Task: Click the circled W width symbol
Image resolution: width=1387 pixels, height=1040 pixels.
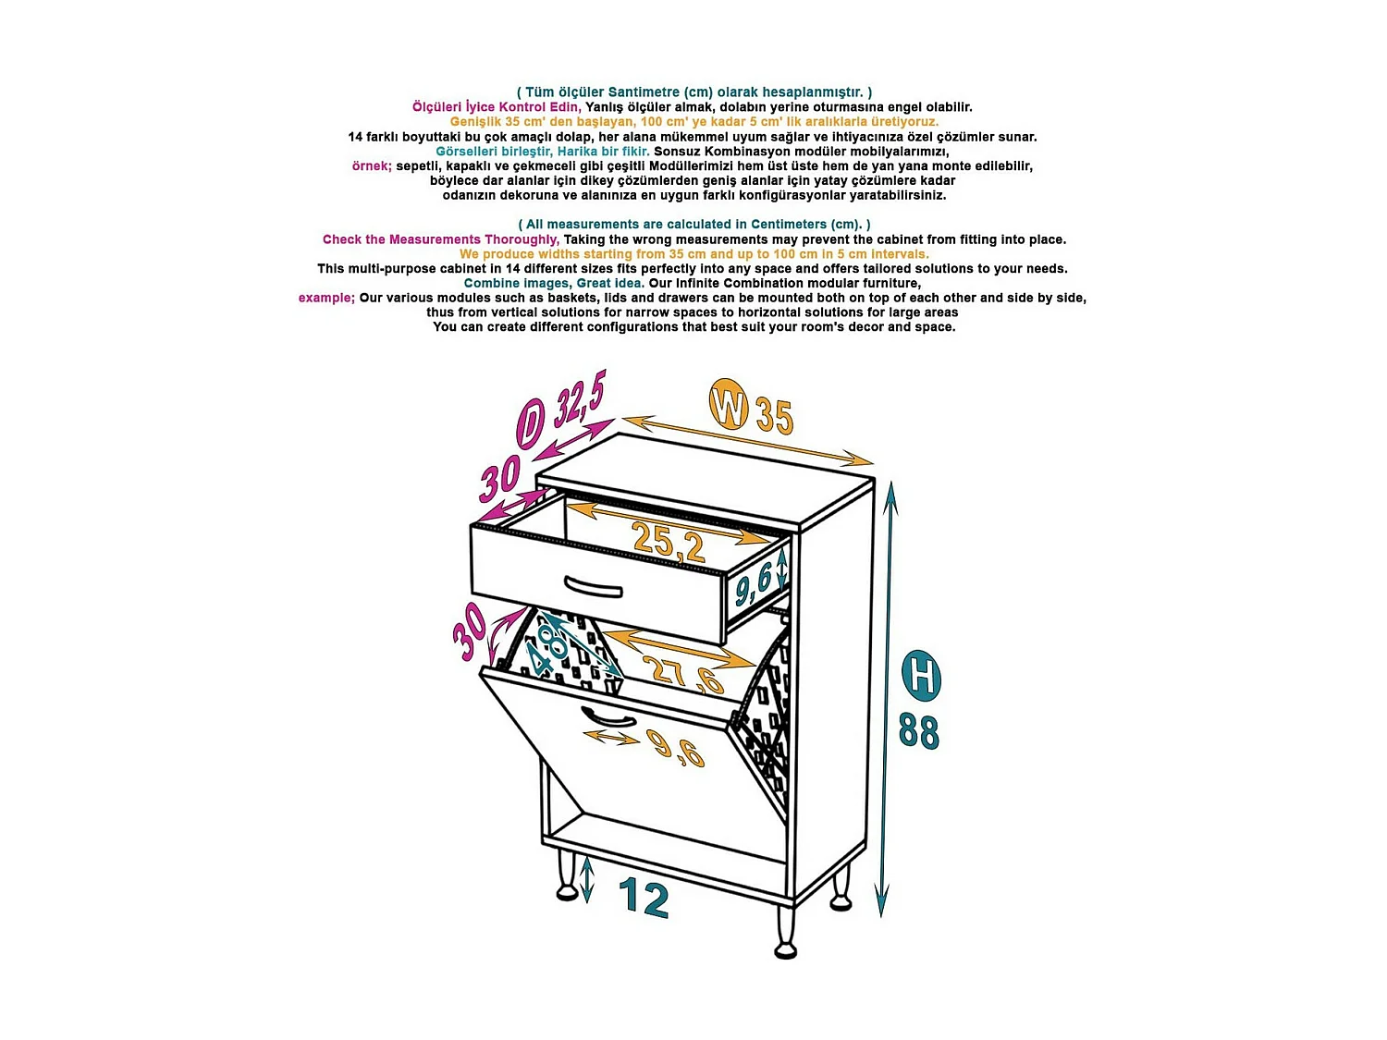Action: point(728,404)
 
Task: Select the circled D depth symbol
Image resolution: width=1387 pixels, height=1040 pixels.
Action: point(531,425)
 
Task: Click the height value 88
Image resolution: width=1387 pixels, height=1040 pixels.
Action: point(919,731)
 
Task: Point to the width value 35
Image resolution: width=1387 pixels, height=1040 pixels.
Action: point(774,416)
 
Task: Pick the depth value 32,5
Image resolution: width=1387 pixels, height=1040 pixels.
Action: point(579,398)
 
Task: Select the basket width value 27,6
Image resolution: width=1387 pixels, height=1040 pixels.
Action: point(682,674)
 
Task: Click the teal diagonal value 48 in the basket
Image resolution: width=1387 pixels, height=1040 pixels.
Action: point(545,649)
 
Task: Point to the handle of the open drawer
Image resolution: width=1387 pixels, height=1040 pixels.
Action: point(593,587)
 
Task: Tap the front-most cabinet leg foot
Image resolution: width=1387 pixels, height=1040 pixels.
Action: point(785,950)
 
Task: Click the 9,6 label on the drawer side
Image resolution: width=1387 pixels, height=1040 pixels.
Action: point(754,582)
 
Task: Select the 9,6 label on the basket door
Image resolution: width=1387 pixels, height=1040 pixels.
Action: point(679,748)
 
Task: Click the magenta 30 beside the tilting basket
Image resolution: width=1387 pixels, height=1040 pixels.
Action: point(470,631)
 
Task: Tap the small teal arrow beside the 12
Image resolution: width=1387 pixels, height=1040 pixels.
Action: point(587,880)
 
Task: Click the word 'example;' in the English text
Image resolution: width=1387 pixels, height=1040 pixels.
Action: point(326,298)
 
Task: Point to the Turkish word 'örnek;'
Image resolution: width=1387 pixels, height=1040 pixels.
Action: point(372,166)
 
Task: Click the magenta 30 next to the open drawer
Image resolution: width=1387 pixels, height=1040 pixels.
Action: point(499,478)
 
